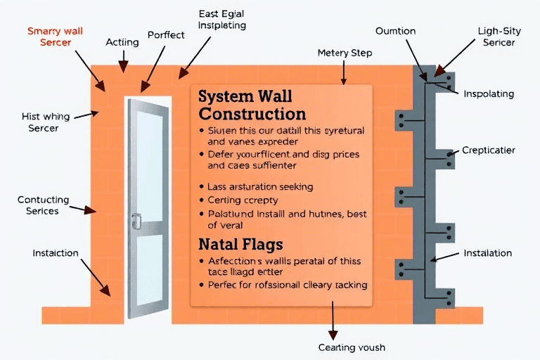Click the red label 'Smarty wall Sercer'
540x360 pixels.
tap(54, 37)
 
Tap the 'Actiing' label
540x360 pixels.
tap(122, 42)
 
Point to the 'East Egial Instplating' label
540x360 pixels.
tap(222, 20)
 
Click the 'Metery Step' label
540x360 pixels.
tap(345, 53)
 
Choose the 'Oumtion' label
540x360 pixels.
tap(395, 32)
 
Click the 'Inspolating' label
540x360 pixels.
tap(489, 94)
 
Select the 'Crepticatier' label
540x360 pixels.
tap(489, 150)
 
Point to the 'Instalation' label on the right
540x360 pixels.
tap(488, 253)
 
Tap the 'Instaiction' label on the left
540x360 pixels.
tap(56, 253)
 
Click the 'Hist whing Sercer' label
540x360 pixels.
tap(44, 122)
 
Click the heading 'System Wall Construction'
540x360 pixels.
tap(252, 105)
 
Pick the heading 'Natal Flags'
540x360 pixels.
tap(240, 245)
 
